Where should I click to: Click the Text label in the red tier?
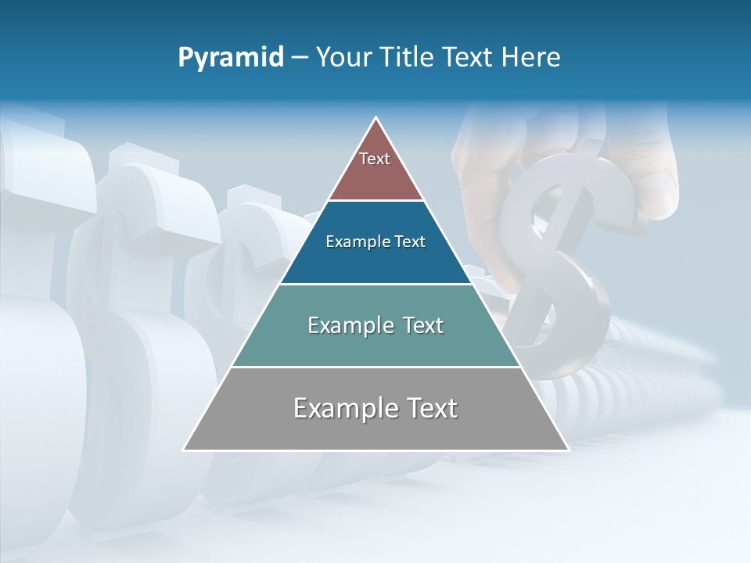375,159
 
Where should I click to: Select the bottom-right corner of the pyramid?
568,450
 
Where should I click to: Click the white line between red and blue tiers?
375,201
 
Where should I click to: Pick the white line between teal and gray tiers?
375,367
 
